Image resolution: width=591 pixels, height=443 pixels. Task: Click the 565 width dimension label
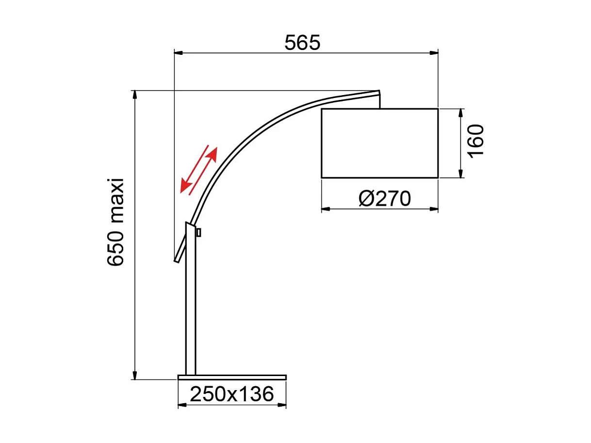click(302, 43)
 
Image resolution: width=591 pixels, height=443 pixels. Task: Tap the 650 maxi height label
click(116, 222)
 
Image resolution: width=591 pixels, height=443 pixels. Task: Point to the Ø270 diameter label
click(385, 199)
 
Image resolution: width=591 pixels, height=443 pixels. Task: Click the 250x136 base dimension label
click(231, 394)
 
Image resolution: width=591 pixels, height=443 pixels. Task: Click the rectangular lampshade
click(379, 143)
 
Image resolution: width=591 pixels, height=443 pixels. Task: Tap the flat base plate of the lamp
click(232, 377)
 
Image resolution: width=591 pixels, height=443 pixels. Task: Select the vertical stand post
click(191, 311)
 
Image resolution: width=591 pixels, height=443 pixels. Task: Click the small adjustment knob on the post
click(199, 233)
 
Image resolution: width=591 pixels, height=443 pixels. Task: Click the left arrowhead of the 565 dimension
click(178, 52)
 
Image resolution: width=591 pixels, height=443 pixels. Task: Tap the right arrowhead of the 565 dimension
click(434, 52)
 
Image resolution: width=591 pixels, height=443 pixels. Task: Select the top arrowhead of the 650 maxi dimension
click(135, 94)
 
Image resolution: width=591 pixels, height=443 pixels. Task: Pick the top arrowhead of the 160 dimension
click(461, 112)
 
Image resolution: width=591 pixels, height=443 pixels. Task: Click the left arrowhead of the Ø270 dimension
click(325, 209)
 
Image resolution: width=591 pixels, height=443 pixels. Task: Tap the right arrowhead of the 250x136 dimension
click(282, 405)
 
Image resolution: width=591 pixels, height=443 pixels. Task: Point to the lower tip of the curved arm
click(177, 261)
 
